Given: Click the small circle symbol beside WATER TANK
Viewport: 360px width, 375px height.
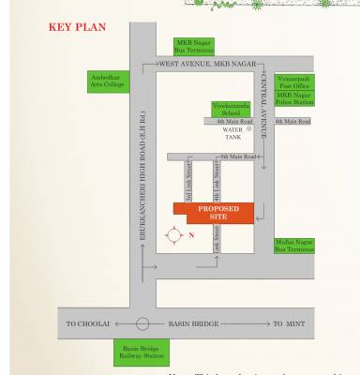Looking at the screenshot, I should pyautogui.click(x=249, y=128).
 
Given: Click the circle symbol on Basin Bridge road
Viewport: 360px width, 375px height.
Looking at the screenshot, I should pyautogui.click(x=142, y=322).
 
